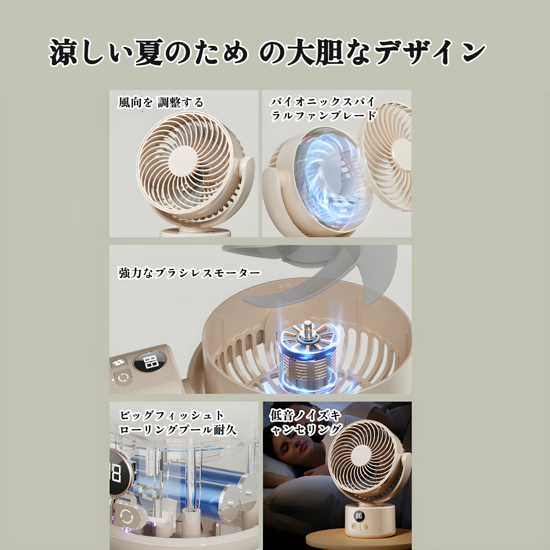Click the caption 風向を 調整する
[x=161, y=102]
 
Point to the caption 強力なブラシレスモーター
[x=189, y=273]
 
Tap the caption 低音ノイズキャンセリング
[x=305, y=422]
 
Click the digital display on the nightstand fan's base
[x=359, y=516]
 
